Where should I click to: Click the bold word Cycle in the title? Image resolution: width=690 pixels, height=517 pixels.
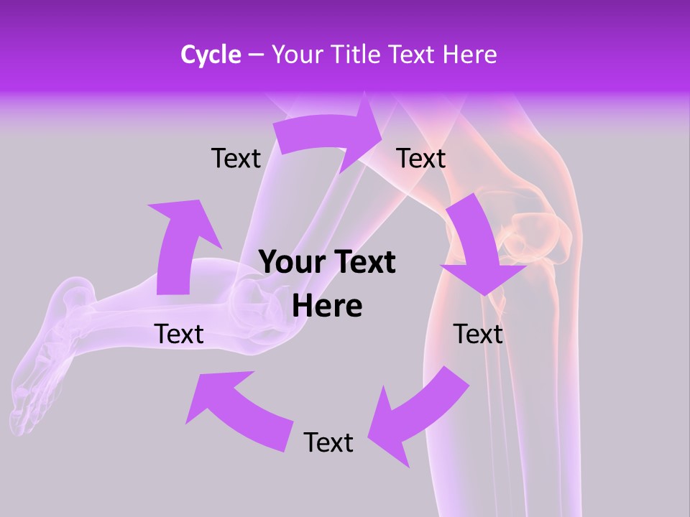(x=211, y=55)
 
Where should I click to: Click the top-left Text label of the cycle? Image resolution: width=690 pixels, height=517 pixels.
(x=236, y=158)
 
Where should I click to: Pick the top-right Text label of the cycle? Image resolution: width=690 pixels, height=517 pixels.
(x=421, y=158)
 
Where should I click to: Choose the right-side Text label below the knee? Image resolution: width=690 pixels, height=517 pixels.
(x=478, y=334)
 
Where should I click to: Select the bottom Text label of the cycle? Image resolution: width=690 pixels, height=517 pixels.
(x=328, y=442)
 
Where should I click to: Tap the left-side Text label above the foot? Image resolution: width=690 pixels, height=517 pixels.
(x=179, y=334)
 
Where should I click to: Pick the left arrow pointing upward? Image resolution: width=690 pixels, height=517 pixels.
(x=180, y=244)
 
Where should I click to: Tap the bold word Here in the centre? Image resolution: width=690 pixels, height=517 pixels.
(x=327, y=307)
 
